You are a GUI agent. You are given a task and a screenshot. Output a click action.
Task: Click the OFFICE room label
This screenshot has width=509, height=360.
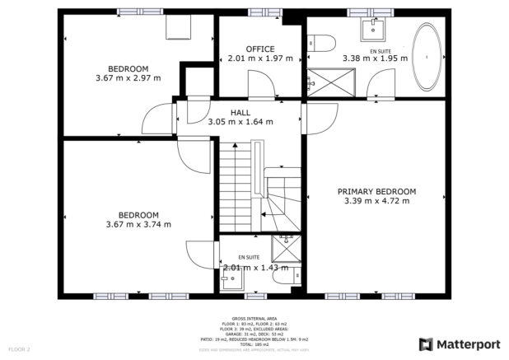tap(260, 49)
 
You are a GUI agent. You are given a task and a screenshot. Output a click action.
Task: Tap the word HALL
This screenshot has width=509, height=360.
tap(240, 113)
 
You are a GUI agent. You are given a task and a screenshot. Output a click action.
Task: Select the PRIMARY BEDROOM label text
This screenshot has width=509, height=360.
tap(376, 191)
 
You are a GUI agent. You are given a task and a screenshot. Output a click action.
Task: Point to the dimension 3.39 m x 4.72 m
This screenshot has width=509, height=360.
tap(376, 201)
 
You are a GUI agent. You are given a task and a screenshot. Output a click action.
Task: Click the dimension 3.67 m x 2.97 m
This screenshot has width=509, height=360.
tap(128, 78)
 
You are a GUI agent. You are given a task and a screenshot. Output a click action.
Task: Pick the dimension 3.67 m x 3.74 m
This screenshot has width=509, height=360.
tap(138, 224)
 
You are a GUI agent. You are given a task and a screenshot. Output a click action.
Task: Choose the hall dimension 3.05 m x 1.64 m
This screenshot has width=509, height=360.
tap(240, 122)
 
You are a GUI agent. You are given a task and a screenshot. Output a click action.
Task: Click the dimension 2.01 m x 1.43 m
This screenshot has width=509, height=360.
tap(256, 267)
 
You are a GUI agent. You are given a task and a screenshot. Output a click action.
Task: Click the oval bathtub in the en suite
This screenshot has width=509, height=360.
tap(427, 58)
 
